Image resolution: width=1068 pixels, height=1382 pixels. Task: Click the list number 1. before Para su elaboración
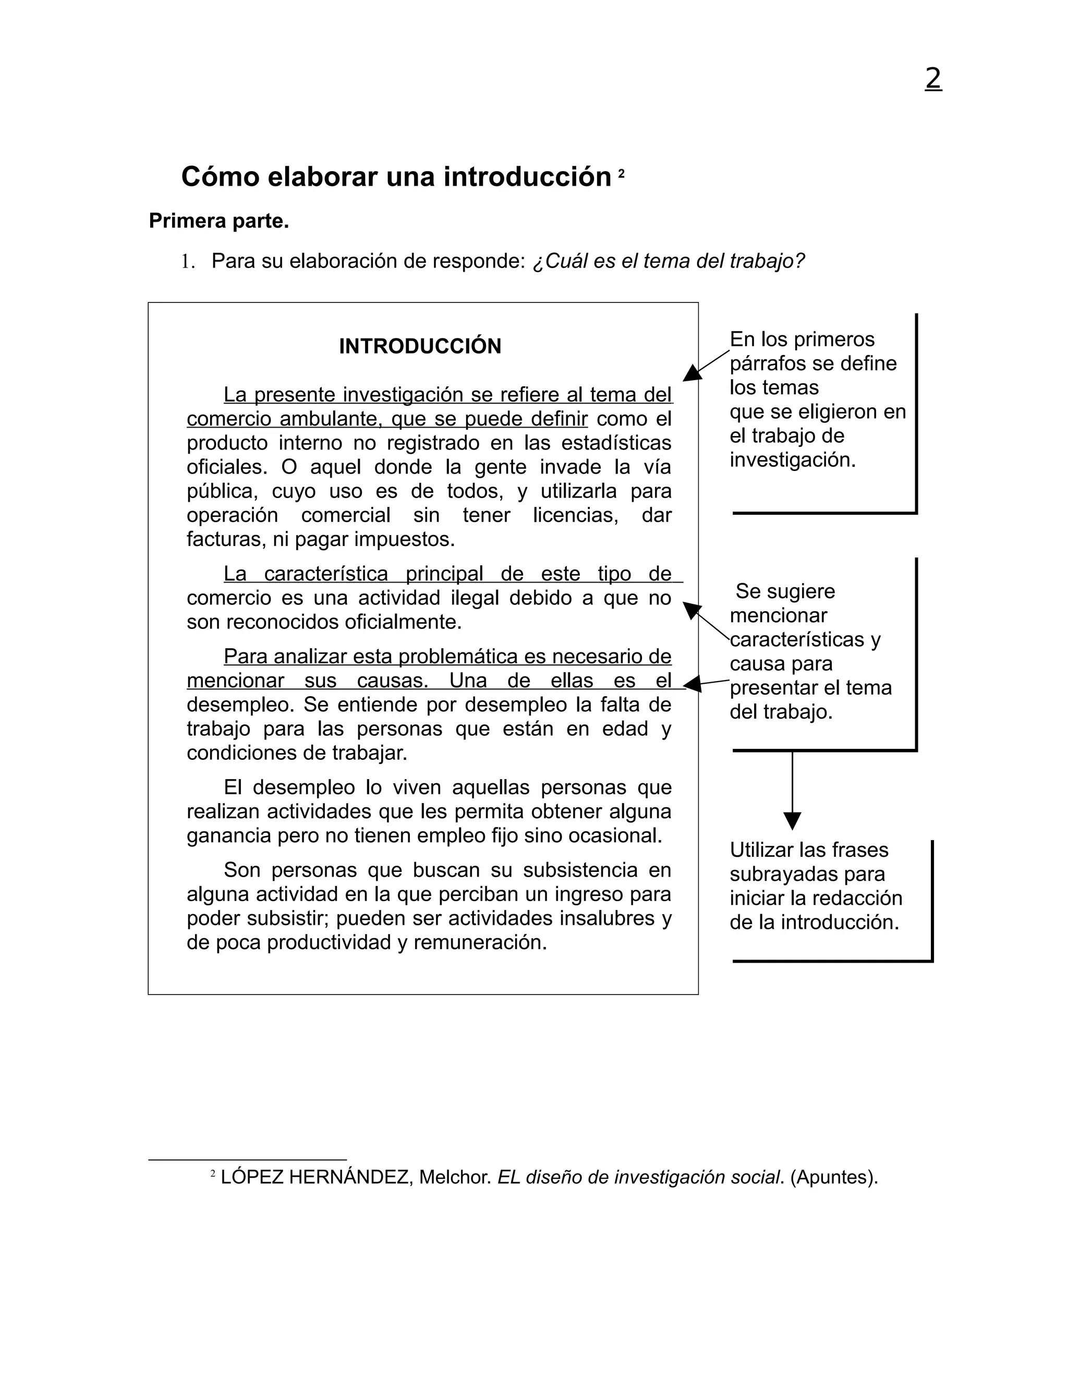click(x=187, y=261)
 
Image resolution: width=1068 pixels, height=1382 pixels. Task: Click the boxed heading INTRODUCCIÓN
click(x=420, y=346)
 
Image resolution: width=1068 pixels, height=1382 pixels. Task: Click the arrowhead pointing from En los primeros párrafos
click(x=691, y=373)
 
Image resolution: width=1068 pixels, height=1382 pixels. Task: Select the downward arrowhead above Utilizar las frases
click(x=792, y=821)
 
